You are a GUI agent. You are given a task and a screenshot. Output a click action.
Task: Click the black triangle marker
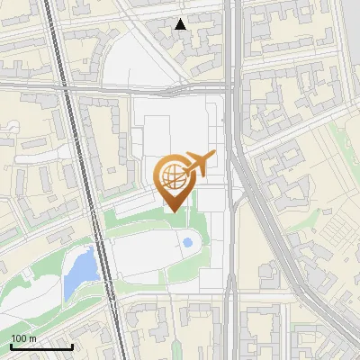pos(181,24)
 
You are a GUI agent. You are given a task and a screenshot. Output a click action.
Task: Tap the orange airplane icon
pos(200,163)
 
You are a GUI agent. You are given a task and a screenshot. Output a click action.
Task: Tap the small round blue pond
pos(187,241)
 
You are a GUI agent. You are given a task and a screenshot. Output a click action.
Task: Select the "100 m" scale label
pos(23,338)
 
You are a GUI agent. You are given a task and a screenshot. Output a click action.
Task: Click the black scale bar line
pos(41,346)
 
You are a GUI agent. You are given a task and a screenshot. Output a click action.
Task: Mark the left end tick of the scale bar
pos(11,345)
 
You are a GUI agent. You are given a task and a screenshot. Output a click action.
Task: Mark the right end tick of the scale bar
pos(72,345)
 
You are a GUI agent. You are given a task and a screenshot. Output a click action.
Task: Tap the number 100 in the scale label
pos(19,338)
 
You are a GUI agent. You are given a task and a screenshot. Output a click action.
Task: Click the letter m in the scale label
pos(32,339)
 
